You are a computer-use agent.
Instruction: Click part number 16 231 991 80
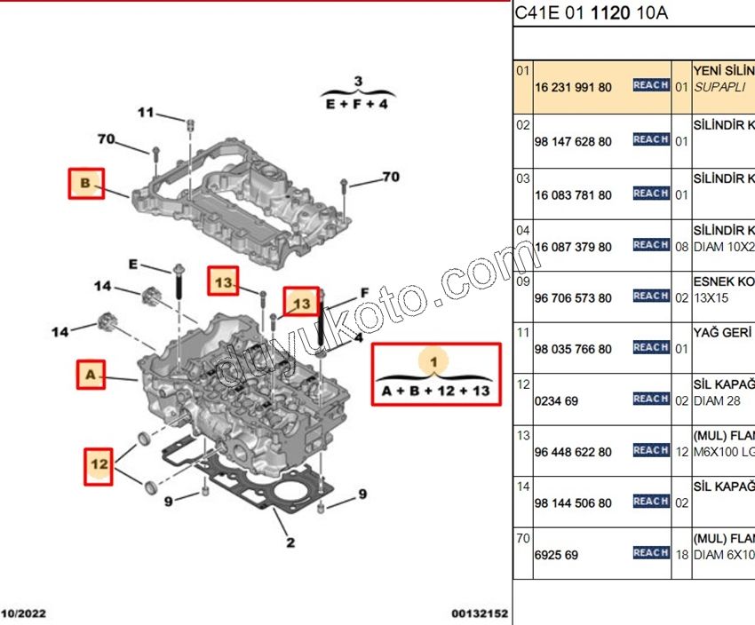coord(573,88)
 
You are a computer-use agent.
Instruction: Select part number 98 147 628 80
coord(573,142)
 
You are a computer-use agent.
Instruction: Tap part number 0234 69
coord(557,401)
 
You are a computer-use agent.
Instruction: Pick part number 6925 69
coord(557,555)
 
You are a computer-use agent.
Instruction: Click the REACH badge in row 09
coord(651,297)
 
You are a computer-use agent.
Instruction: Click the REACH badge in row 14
coord(651,502)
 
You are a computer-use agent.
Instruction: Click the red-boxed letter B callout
coord(86,184)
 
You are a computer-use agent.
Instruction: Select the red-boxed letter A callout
coord(91,375)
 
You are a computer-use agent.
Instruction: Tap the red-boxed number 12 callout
coord(99,463)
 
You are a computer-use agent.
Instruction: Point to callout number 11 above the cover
coord(146,113)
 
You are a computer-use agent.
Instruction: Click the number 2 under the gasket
coord(290,542)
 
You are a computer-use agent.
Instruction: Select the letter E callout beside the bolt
coord(133,264)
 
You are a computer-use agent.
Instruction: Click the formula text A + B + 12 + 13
coord(435,391)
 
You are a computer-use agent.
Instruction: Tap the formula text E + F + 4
coord(357,104)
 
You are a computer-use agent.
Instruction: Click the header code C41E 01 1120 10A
coord(592,13)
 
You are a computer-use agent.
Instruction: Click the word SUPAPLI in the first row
coord(720,88)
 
